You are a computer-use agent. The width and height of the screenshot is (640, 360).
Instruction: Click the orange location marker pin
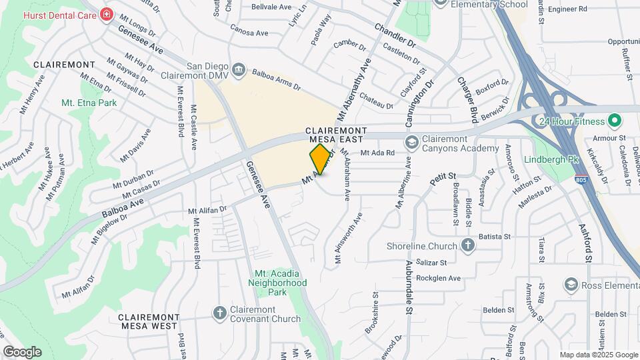[x=321, y=159]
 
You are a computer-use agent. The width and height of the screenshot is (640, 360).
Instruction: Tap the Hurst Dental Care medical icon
[x=105, y=14]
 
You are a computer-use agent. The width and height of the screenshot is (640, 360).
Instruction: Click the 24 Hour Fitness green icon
[x=615, y=121]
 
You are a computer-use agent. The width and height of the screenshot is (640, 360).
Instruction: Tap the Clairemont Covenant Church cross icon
[x=219, y=312]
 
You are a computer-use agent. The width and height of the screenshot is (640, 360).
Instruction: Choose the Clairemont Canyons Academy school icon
[x=411, y=142]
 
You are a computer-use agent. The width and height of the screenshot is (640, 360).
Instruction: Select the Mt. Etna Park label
[x=89, y=103]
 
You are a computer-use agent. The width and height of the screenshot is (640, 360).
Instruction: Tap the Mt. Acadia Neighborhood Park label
[x=281, y=283]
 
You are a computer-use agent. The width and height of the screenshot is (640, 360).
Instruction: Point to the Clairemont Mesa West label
[x=149, y=321]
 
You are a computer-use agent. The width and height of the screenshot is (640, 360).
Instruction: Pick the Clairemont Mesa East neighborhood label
[x=335, y=135]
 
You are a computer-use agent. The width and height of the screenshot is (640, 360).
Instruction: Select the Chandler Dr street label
[x=395, y=36]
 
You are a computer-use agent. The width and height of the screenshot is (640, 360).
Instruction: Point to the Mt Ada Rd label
[x=378, y=153]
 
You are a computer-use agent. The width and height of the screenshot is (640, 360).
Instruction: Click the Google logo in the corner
[x=22, y=351]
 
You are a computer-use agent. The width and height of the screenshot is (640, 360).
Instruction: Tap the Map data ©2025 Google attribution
[x=598, y=355]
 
